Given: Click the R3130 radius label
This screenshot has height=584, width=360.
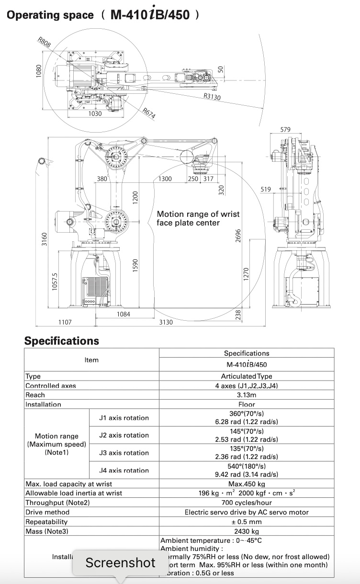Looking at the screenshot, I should tap(212, 96).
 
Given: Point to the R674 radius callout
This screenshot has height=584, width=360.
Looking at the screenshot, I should tap(149, 113).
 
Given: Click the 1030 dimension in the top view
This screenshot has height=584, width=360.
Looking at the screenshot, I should tap(95, 114).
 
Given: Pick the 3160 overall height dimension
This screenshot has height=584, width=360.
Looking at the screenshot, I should tap(44, 238).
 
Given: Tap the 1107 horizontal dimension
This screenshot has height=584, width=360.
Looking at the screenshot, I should tap(65, 322).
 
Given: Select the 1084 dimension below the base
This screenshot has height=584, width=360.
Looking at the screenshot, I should tap(124, 314).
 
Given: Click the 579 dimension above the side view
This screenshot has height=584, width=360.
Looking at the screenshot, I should tap(285, 130).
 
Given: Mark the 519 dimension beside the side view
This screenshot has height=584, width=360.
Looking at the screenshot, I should tap(266, 189).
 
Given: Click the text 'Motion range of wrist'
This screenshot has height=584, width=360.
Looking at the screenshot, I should tap(198, 214).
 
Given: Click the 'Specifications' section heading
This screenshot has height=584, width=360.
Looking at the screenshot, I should tap(62, 341).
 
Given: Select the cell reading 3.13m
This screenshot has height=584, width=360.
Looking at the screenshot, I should tap(247, 395).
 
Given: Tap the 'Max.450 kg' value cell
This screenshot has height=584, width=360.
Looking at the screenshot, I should tap(247, 484).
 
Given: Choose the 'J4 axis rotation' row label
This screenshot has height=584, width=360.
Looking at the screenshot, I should tap(124, 470).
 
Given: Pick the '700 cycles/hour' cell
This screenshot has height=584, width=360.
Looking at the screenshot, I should tap(247, 503).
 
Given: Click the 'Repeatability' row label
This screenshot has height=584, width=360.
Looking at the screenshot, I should tap(46, 522).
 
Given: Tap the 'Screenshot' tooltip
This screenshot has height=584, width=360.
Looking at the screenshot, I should tap(121, 562).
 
